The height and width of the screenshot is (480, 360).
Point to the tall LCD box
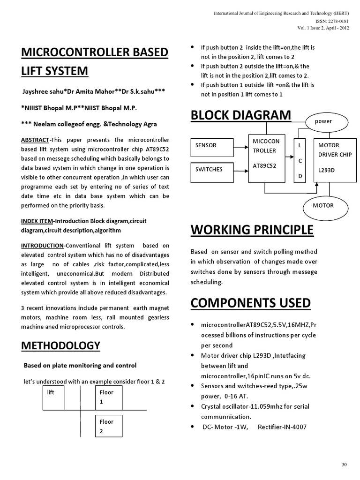(300, 161)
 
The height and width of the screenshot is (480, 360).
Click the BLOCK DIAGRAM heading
(240, 115)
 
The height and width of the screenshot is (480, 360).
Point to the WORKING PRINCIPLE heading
(252, 230)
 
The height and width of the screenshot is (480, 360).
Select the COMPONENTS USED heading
(250, 303)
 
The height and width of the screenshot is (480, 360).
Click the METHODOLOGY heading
(61, 345)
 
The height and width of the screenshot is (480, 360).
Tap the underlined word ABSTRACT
(35, 140)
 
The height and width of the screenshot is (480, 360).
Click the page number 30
(345, 464)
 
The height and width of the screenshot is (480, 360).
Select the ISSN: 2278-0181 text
(332, 22)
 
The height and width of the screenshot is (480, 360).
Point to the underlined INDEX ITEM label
(37, 221)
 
